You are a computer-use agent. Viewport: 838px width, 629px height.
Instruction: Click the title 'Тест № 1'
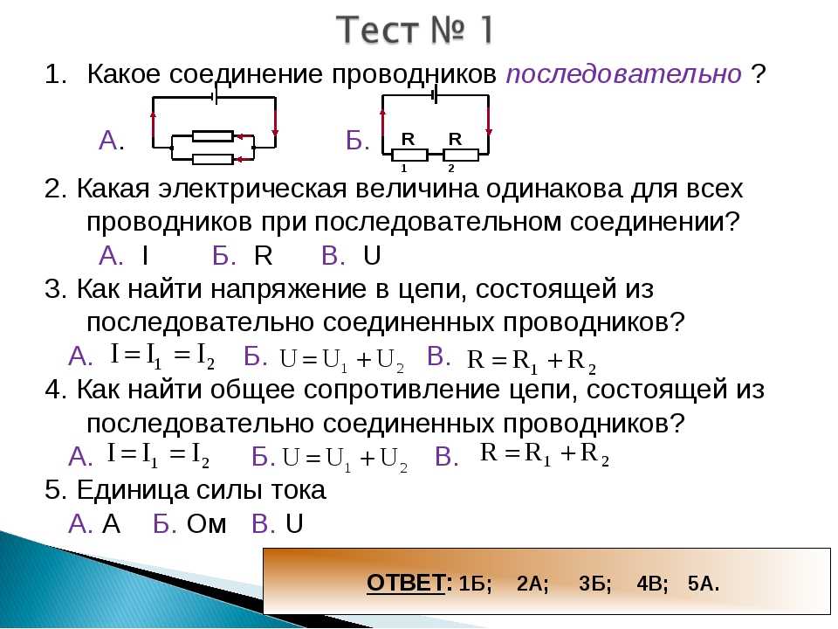pyautogui.click(x=415, y=30)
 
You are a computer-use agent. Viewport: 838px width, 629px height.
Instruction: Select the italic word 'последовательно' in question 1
pyautogui.click(x=623, y=74)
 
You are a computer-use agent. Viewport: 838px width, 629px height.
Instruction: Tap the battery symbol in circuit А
pyautogui.click(x=215, y=97)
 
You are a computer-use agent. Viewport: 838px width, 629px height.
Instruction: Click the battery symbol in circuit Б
pyautogui.click(x=435, y=95)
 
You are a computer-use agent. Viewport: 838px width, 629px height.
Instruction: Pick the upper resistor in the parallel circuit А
pyautogui.click(x=213, y=136)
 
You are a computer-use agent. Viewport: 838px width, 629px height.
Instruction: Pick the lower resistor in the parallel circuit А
pyautogui.click(x=213, y=159)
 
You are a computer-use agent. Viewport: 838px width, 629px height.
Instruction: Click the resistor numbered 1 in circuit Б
pyautogui.click(x=410, y=156)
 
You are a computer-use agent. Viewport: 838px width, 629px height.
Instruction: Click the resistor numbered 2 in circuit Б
pyautogui.click(x=461, y=156)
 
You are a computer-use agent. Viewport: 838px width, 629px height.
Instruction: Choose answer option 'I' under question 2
pyautogui.click(x=145, y=256)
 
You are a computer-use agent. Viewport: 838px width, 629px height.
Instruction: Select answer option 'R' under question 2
pyautogui.click(x=263, y=256)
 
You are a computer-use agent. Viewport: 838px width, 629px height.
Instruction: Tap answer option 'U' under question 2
pyautogui.click(x=372, y=256)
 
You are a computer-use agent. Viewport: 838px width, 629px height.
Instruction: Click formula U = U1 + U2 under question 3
pyautogui.click(x=341, y=360)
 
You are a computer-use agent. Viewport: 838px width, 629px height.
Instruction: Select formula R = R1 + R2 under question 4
pyautogui.click(x=545, y=454)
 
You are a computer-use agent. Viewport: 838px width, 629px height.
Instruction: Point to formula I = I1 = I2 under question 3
pyautogui.click(x=163, y=356)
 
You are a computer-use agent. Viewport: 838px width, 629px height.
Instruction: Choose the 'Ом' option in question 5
pyautogui.click(x=206, y=523)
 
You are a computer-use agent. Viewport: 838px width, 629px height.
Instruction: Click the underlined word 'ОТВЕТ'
pyautogui.click(x=406, y=583)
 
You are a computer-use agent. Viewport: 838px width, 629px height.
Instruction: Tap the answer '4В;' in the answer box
pyautogui.click(x=653, y=584)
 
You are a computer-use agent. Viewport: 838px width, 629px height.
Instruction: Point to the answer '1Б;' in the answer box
pyautogui.click(x=476, y=584)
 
